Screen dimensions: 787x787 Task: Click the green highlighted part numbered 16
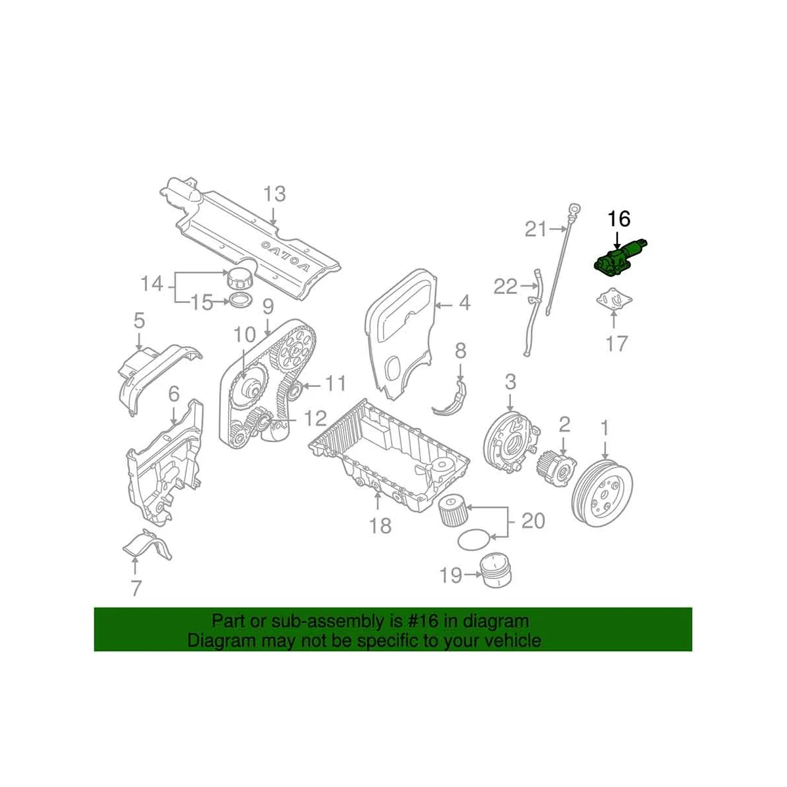tap(616, 258)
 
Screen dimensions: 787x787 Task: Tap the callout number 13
tap(275, 193)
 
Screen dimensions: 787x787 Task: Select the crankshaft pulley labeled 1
tap(602, 493)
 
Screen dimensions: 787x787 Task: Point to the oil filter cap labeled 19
tap(495, 570)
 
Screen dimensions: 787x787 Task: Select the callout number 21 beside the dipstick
tap(536, 229)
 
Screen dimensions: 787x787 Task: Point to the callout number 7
tap(136, 588)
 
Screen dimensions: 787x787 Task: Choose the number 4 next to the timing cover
tap(464, 304)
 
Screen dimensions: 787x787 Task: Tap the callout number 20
tap(533, 521)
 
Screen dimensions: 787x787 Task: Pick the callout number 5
tap(138, 321)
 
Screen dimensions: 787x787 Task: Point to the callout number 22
tap(505, 287)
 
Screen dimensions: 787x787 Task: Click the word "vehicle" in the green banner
tap(509, 640)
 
